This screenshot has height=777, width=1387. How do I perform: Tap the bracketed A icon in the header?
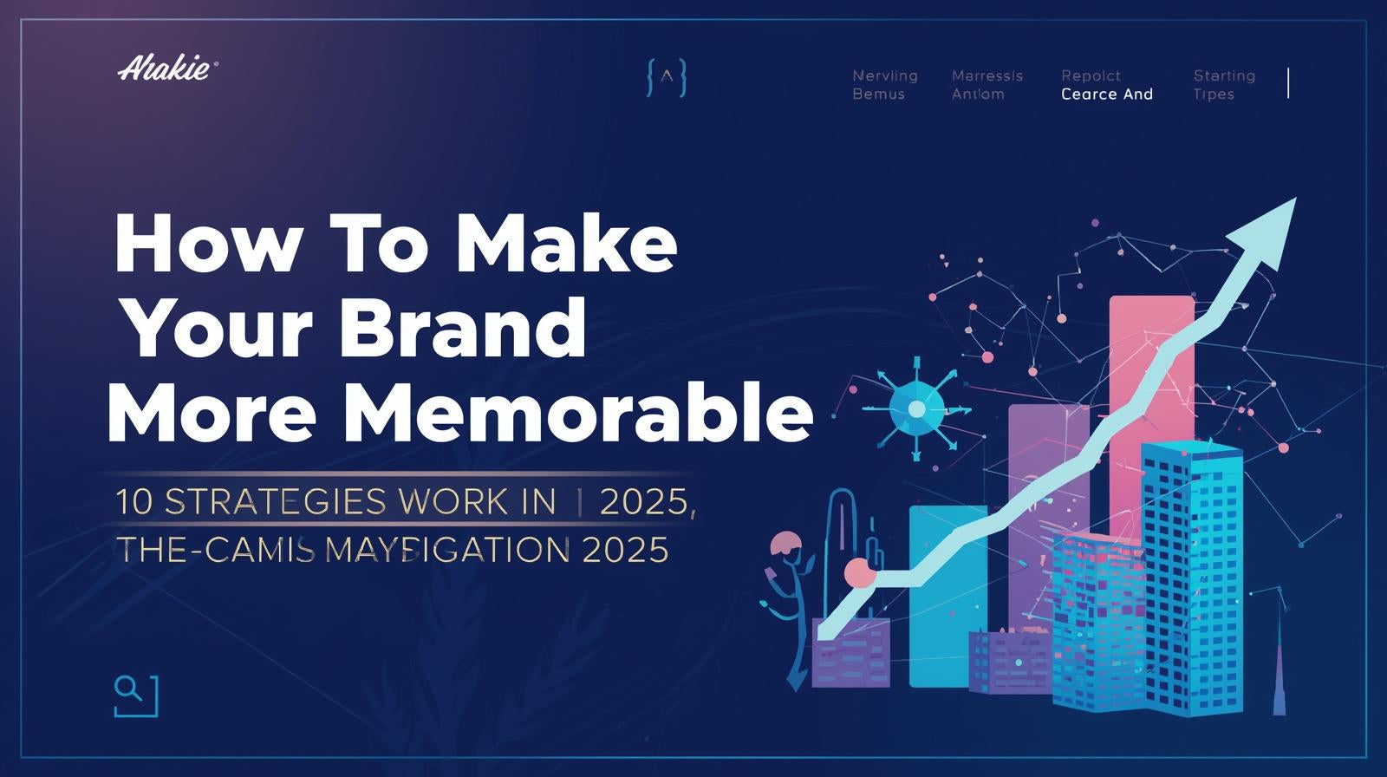pos(667,77)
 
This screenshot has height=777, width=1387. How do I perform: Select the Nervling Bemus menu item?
pos(884,85)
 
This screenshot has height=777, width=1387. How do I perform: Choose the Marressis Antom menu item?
pos(987,85)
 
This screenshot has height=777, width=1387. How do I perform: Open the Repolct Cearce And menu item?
pos(1106,85)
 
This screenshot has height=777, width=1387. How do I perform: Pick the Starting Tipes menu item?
pos(1223,85)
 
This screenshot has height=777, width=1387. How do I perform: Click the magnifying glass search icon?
pos(135,695)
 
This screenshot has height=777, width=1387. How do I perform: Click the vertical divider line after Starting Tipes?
pos(1288,83)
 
